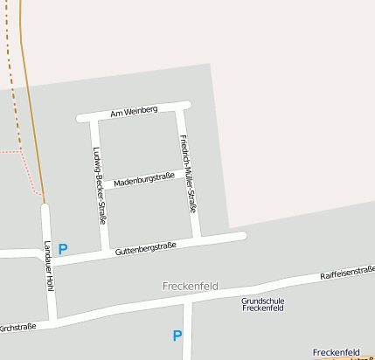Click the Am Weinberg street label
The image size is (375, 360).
pos(134,111)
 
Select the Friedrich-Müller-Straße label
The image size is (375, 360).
pos(187,173)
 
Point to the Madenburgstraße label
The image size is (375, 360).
pos(144,179)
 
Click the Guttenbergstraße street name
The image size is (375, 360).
pos(145,248)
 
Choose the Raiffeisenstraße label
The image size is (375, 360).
pos(347,274)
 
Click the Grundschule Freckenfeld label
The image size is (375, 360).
pos(263,304)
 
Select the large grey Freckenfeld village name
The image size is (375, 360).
pos(190,287)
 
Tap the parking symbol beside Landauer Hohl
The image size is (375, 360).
pos(63,249)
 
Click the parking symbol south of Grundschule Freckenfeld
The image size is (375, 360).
pos(177,336)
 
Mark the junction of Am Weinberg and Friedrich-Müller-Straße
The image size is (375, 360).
pos(180,107)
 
